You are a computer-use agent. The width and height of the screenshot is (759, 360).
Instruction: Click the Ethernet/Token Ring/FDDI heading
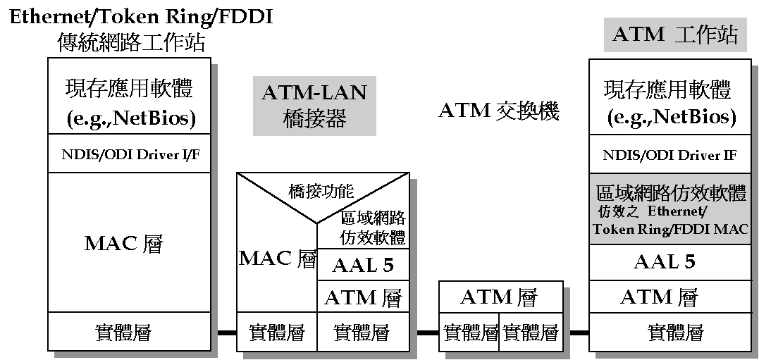click(140, 16)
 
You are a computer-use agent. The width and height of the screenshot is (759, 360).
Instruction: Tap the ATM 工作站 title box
click(675, 35)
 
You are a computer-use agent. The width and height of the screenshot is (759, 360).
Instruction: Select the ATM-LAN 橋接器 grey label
click(314, 106)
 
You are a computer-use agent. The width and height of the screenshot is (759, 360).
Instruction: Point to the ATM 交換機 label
click(499, 111)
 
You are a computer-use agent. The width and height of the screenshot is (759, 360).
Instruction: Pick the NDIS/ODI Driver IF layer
click(669, 155)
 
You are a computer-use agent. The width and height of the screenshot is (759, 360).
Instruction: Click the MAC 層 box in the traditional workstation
click(124, 244)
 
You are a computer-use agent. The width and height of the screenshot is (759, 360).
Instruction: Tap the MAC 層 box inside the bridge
click(277, 258)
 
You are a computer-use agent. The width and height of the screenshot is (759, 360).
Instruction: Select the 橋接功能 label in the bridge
click(321, 190)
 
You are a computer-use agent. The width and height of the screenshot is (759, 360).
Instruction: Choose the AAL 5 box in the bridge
click(362, 266)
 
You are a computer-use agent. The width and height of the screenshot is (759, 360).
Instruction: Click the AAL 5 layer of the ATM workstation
click(665, 262)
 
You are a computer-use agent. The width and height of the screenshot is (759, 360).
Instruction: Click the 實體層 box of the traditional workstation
click(124, 331)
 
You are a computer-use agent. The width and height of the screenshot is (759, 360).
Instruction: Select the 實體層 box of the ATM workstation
click(675, 331)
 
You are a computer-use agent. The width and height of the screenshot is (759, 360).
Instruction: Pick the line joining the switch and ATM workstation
click(579, 333)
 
